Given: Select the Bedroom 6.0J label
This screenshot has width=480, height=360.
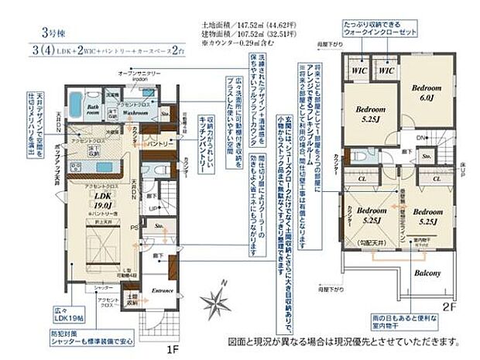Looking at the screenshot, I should click(x=426, y=92).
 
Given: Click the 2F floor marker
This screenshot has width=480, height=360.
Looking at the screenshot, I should click(x=451, y=307).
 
